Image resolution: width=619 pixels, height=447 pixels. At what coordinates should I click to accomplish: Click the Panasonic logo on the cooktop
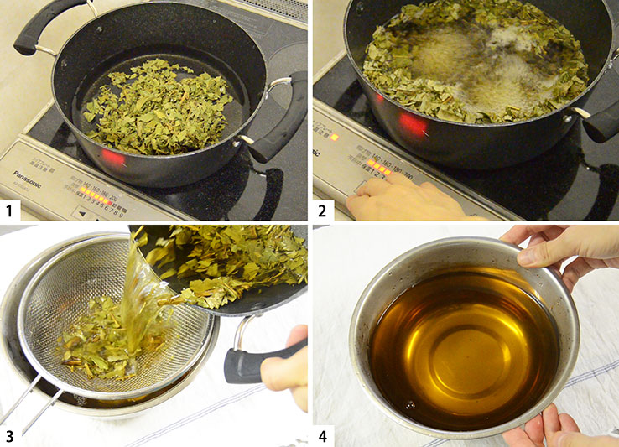(29, 175)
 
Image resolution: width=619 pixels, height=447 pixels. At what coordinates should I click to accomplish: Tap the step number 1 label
(14, 208)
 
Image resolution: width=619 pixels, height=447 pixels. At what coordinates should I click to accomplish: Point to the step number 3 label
(14, 434)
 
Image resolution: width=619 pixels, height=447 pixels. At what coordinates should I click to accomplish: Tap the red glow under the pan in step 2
(413, 124)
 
